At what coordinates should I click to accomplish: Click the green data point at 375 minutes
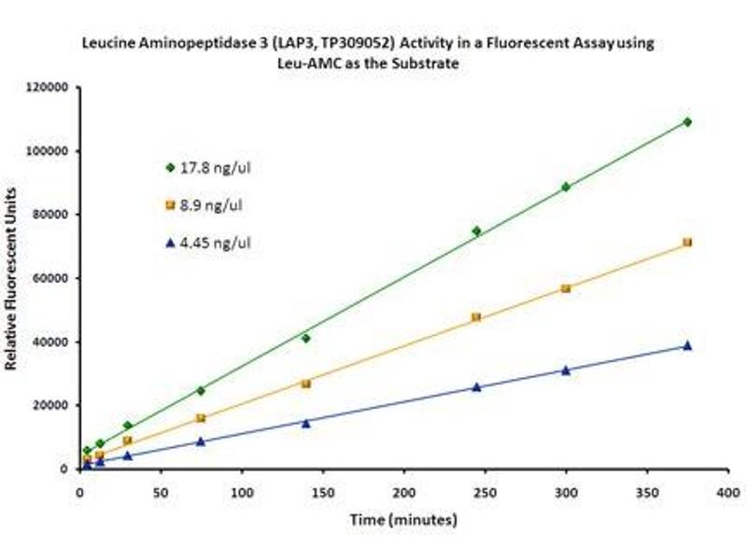pos(687,122)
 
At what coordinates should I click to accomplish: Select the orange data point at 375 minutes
pos(687,243)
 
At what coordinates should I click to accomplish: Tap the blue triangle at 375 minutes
pos(687,345)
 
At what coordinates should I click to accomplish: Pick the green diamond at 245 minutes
pos(476,231)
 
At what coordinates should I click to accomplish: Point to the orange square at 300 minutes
pos(566,288)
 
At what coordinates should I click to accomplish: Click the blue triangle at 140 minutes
pos(305,422)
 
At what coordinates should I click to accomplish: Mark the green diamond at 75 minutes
pos(201,390)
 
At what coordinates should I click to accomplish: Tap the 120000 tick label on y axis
pos(54,88)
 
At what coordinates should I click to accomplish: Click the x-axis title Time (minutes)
pos(403,519)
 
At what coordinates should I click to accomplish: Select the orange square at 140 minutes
pos(305,384)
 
